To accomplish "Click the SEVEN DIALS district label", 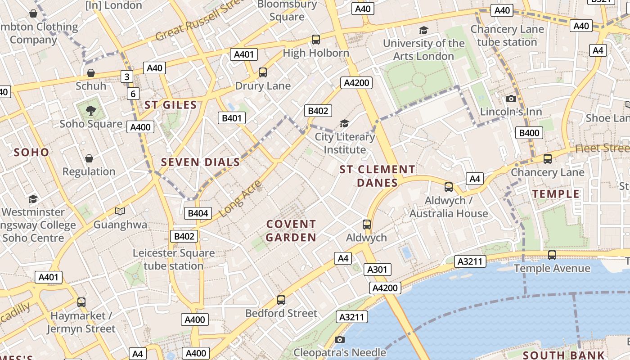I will [200, 162].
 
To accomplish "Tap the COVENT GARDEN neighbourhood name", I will [291, 230].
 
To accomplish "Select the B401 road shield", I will [232, 118].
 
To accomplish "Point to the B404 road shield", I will [198, 213].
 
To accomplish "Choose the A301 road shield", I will [377, 270].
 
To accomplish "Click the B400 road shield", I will [529, 133].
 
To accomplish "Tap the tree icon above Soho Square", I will [91, 110].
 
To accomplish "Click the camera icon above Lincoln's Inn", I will [511, 99].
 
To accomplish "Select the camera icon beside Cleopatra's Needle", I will [340, 339].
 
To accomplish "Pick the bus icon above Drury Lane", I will [263, 72].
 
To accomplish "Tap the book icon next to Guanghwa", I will [120, 211].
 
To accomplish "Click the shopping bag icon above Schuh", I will [91, 73].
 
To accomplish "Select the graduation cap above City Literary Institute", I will [345, 123].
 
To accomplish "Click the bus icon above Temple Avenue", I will [552, 255].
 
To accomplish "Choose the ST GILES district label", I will [171, 105].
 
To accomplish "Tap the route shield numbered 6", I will [133, 94].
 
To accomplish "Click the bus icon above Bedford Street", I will [281, 300].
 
